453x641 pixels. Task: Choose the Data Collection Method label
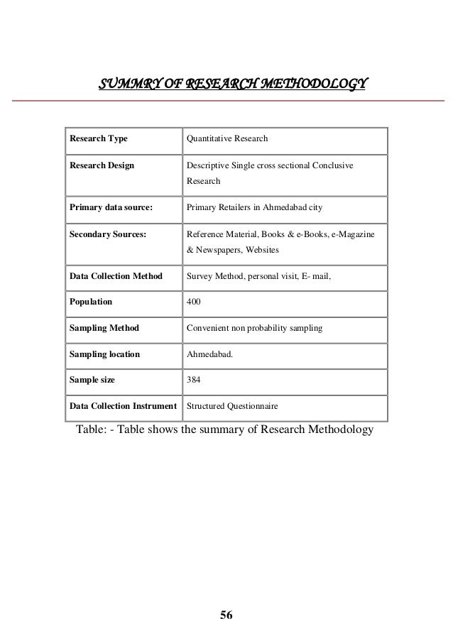(x=116, y=276)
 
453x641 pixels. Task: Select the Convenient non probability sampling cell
(x=253, y=329)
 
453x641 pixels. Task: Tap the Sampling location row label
(x=104, y=354)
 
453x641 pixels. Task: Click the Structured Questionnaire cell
(x=232, y=407)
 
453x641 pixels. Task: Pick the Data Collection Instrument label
(x=123, y=407)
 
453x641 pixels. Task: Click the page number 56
(x=226, y=615)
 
